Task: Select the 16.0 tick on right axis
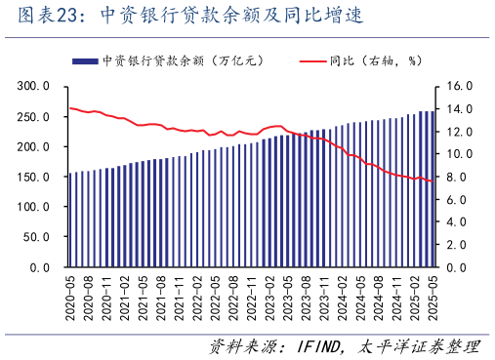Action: tap(459, 86)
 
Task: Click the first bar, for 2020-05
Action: tap(70, 220)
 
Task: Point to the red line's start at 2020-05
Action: tap(70, 108)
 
